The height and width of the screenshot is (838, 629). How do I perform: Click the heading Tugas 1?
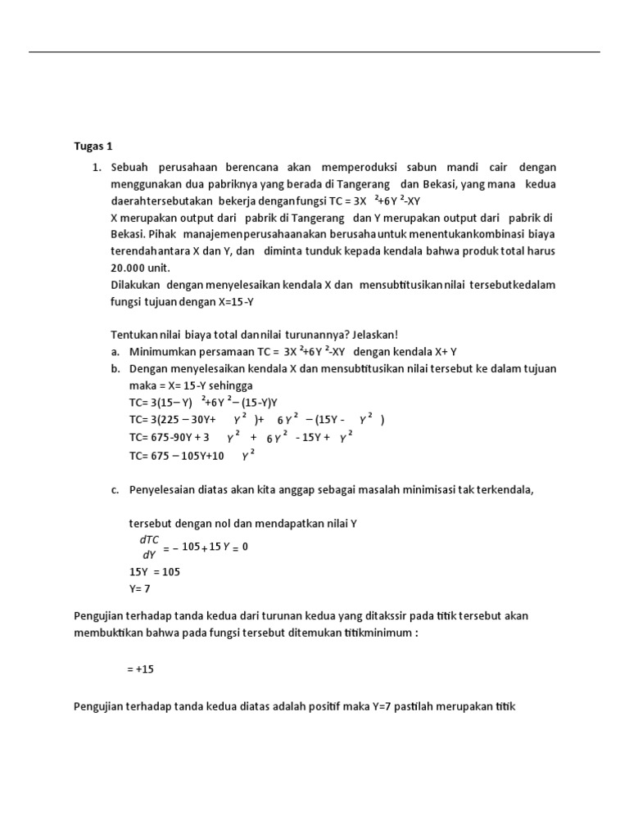pyautogui.click(x=93, y=147)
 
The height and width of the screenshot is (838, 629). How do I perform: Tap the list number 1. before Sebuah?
pyautogui.click(x=96, y=167)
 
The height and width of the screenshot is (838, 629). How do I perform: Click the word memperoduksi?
pyautogui.click(x=363, y=167)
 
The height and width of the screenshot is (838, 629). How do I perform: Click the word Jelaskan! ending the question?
pyautogui.click(x=373, y=334)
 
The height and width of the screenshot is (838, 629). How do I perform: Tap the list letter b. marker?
pyautogui.click(x=115, y=368)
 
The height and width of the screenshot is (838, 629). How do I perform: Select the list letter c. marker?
pyautogui.click(x=115, y=489)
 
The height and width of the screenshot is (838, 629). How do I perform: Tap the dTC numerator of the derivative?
pyautogui.click(x=150, y=540)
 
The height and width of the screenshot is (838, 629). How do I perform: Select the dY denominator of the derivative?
pyautogui.click(x=149, y=554)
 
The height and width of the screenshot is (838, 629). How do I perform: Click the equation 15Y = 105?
pyautogui.click(x=154, y=571)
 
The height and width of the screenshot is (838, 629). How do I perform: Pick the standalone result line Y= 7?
pyautogui.click(x=140, y=588)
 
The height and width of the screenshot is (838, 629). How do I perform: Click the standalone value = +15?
pyautogui.click(x=140, y=669)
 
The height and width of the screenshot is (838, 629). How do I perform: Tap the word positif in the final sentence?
pyautogui.click(x=317, y=706)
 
